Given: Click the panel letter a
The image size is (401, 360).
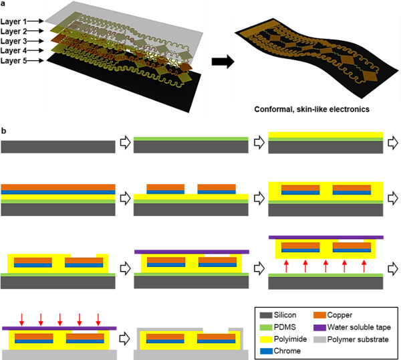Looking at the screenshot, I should click(4, 4).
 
